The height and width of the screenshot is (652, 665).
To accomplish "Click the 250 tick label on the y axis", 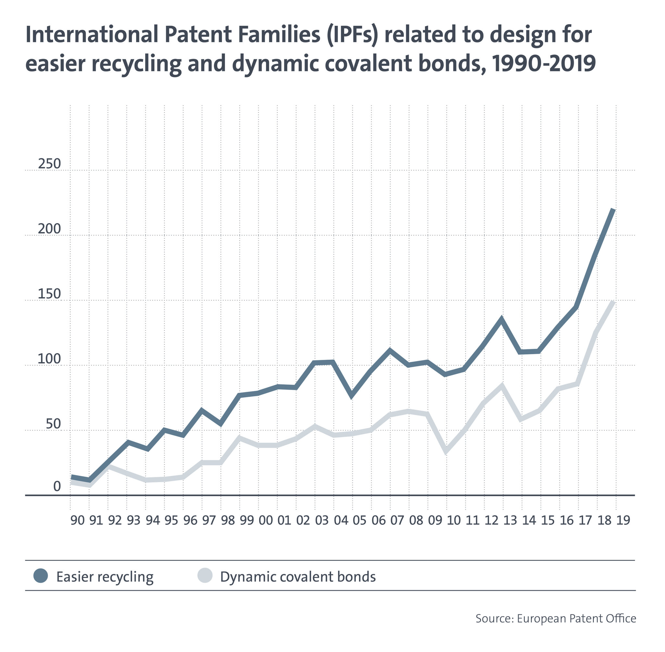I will click(49, 164).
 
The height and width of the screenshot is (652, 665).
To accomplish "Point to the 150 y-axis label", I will click(49, 294).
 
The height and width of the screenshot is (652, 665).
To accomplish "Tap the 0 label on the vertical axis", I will click(57, 486).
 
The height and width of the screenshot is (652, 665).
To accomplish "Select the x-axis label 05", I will click(359, 520).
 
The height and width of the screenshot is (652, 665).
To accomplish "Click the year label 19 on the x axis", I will click(623, 520).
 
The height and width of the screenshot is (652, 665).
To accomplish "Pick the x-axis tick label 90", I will click(77, 520).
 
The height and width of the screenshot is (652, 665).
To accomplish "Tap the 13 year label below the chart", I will click(510, 520).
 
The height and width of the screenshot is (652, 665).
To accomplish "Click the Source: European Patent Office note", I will click(556, 619).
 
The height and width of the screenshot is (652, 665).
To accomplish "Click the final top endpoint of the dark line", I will click(614, 209).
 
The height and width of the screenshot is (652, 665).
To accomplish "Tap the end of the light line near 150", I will click(614, 301).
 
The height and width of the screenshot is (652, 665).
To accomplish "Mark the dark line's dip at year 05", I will click(352, 396).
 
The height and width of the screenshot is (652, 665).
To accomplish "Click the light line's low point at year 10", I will click(446, 452).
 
